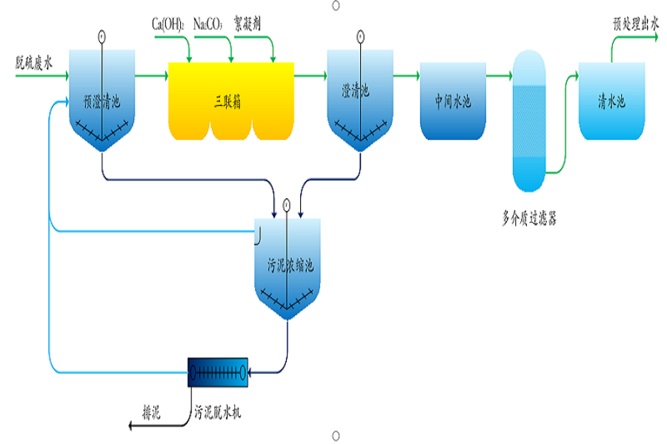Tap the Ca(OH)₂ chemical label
pyautogui.click(x=170, y=25)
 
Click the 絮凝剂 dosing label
pyautogui.click(x=248, y=25)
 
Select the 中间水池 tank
pyautogui.click(x=453, y=102)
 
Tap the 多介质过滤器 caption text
pyautogui.click(x=529, y=218)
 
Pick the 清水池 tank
pyautogui.click(x=611, y=102)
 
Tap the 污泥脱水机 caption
pyautogui.click(x=218, y=412)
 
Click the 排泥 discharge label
pyautogui.click(x=151, y=412)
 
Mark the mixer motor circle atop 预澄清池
pyautogui.click(x=101, y=36)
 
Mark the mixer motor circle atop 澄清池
pyautogui.click(x=359, y=36)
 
